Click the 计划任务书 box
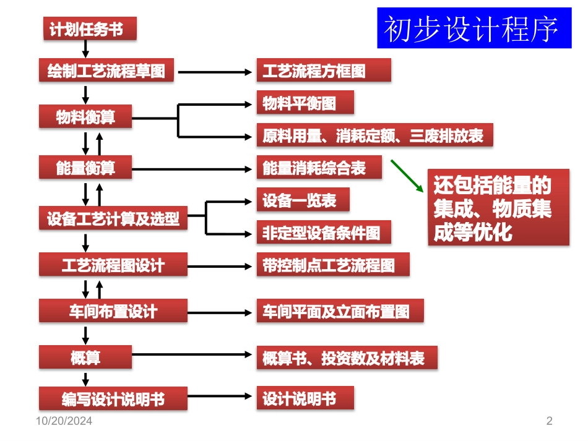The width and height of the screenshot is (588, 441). [x=90, y=29]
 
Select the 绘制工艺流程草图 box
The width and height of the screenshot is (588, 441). [x=106, y=71]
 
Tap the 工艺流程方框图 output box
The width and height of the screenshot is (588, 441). [x=324, y=71]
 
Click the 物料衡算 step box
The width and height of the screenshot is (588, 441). [x=85, y=117]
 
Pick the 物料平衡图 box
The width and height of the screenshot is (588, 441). [x=305, y=103]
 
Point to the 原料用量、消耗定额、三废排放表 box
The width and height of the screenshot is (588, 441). [x=374, y=135]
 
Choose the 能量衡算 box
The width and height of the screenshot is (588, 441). [x=85, y=168]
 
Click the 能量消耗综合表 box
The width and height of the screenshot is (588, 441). [x=319, y=168]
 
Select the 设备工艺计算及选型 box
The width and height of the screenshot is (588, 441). [x=113, y=218]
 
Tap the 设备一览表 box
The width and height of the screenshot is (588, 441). [x=303, y=200]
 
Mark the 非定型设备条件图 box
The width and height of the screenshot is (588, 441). [x=324, y=233]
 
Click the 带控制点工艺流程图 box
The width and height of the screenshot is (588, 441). [x=334, y=265]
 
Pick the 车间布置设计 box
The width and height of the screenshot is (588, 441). [x=113, y=310]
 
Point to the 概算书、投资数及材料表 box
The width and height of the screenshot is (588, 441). [x=347, y=358]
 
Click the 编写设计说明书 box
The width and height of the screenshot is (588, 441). [x=113, y=398]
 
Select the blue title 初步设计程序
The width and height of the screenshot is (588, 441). [x=474, y=28]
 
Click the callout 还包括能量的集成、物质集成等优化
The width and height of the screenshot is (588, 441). [x=498, y=207]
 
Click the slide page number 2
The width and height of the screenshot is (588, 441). [x=549, y=422]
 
